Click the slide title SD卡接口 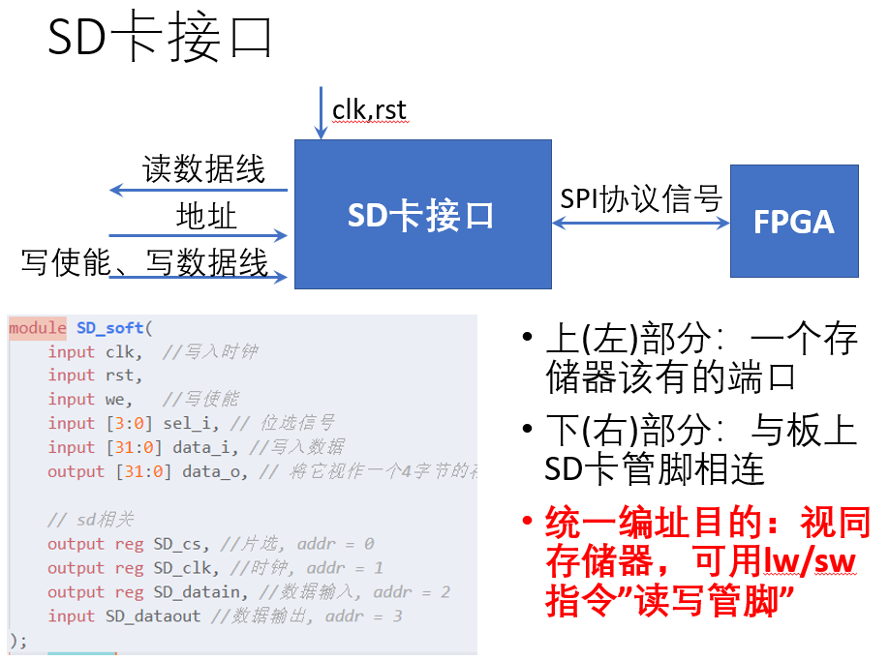coord(161,41)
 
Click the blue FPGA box coord(794,222)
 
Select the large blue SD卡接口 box coord(422,214)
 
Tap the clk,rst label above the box coord(369,110)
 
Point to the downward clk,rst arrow coord(321,113)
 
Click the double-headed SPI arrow coord(640,223)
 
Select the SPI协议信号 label coord(641,198)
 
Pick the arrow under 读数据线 coord(199,190)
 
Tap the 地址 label coord(206,216)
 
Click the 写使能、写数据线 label coord(144,262)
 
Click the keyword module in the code coord(38,328)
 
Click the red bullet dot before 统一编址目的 coord(527,525)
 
